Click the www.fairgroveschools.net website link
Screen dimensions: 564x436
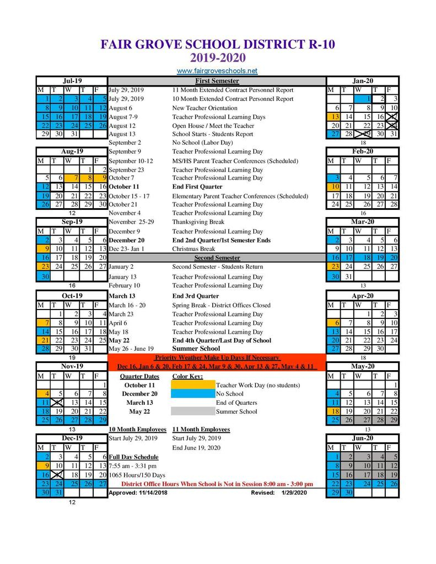tap(217, 71)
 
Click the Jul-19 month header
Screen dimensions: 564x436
tap(72, 81)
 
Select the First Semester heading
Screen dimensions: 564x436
tap(217, 81)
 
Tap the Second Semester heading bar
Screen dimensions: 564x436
tap(217, 258)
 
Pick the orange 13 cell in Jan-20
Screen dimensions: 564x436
tap(333, 117)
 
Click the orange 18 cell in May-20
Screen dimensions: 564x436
tap(333, 411)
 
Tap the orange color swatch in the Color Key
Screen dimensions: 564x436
tap(193, 385)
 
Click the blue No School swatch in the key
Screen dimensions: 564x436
tap(193, 394)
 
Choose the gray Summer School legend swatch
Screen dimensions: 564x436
tap(193, 411)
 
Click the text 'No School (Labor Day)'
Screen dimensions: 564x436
tap(202, 143)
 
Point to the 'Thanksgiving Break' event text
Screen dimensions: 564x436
tap(198, 222)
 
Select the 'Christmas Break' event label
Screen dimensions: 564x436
tap(193, 249)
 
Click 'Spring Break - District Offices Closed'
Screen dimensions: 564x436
tap(222, 305)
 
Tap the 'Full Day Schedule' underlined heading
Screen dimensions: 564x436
tap(133, 457)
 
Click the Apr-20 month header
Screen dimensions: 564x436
tap(363, 296)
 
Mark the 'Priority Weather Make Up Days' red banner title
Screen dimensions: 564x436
tap(217, 357)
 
